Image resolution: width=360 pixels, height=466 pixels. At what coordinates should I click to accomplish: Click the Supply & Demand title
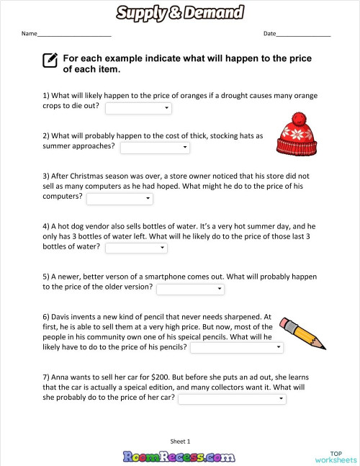(179, 12)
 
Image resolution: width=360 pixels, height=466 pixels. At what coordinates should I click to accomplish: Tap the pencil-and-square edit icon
(50, 61)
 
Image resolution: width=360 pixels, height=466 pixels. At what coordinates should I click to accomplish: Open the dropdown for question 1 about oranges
(138, 108)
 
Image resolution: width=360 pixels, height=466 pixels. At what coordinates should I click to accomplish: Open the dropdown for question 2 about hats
(154, 148)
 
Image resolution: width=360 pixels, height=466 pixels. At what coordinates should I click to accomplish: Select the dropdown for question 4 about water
(136, 248)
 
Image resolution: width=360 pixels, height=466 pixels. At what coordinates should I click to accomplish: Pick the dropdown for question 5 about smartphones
(190, 289)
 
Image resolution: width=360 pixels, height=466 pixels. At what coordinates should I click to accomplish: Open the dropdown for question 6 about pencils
(236, 347)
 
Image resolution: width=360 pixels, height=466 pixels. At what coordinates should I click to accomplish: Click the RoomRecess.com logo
(179, 455)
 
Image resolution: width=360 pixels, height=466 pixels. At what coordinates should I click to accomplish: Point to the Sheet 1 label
(180, 441)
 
